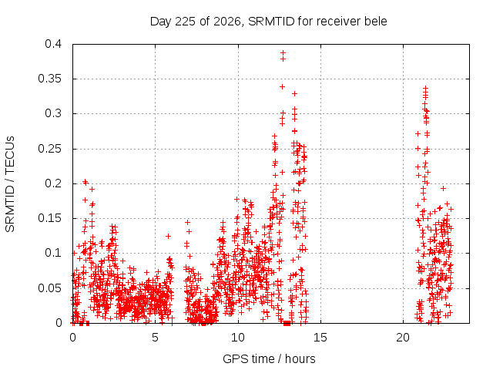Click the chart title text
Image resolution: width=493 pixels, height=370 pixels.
[x=269, y=22]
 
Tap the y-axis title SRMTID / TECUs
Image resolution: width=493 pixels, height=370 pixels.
[x=10, y=184]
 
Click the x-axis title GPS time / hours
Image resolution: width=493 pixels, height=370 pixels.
[x=269, y=358]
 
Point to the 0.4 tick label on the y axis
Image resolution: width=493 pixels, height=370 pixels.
[x=53, y=44]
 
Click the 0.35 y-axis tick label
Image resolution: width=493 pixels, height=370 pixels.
[x=50, y=79]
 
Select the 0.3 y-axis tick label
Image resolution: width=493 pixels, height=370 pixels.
[x=53, y=113]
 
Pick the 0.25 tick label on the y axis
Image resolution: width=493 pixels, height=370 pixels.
[x=50, y=149]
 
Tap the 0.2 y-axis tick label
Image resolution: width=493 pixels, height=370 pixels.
[x=53, y=183]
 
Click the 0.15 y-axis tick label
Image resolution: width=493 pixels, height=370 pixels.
[x=50, y=218]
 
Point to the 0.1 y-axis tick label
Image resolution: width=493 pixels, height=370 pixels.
[x=53, y=253]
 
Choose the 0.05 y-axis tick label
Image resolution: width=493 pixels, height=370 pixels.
[x=50, y=288]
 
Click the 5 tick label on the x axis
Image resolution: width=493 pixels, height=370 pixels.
[x=156, y=338]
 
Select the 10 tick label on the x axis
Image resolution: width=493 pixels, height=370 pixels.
[x=238, y=338]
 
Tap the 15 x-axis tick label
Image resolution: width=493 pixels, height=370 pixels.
[x=320, y=338]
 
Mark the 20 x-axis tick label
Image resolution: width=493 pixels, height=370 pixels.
[x=403, y=338]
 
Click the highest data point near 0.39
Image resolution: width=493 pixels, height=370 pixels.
[x=283, y=52]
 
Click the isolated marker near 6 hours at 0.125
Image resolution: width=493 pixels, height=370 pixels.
[x=168, y=236]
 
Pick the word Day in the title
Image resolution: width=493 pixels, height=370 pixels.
[x=161, y=22]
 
